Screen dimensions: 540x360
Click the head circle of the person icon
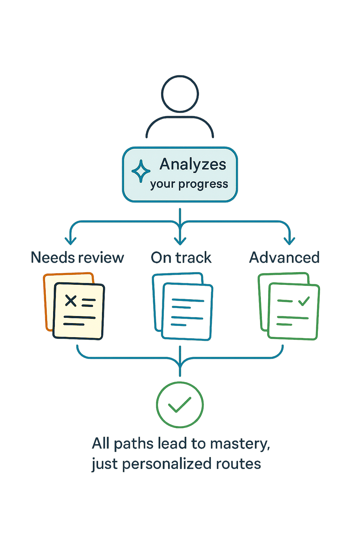180,94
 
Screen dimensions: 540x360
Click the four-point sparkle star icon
141,171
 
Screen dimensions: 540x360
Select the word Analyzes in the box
193,165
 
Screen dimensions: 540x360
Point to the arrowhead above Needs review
71,241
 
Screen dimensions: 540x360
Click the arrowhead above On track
180,241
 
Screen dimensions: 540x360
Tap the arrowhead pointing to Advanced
289,241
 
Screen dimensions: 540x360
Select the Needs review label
77,258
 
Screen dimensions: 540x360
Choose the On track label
181,258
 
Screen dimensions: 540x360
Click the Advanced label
284,258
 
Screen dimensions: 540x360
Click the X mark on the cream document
71,301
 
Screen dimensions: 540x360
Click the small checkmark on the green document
304,301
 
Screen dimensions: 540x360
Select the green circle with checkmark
180,405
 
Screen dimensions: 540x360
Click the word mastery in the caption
240,444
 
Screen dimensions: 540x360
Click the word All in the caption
101,443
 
